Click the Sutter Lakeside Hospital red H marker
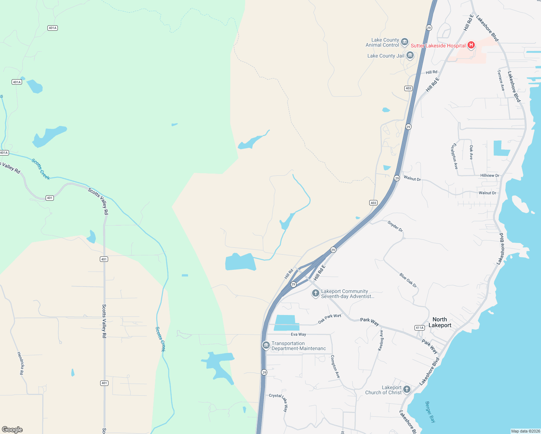click(x=471, y=45)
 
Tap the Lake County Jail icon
click(x=410, y=56)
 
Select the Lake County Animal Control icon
click(x=405, y=42)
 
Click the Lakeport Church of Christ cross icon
click(x=407, y=390)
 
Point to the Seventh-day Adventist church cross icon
click(x=316, y=293)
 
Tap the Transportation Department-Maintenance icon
click(x=266, y=346)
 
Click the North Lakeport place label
click(x=440, y=322)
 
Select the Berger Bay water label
click(x=430, y=412)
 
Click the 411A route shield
click(x=419, y=328)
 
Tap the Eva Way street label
click(x=298, y=335)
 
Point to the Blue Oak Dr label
click(x=408, y=280)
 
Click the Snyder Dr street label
click(x=395, y=226)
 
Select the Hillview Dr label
click(x=490, y=175)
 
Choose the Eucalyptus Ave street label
click(x=455, y=156)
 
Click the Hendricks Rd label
click(x=21, y=363)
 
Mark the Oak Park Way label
click(x=329, y=319)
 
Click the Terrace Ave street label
click(x=501, y=80)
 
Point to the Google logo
click(x=12, y=430)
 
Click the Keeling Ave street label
click(x=381, y=340)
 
